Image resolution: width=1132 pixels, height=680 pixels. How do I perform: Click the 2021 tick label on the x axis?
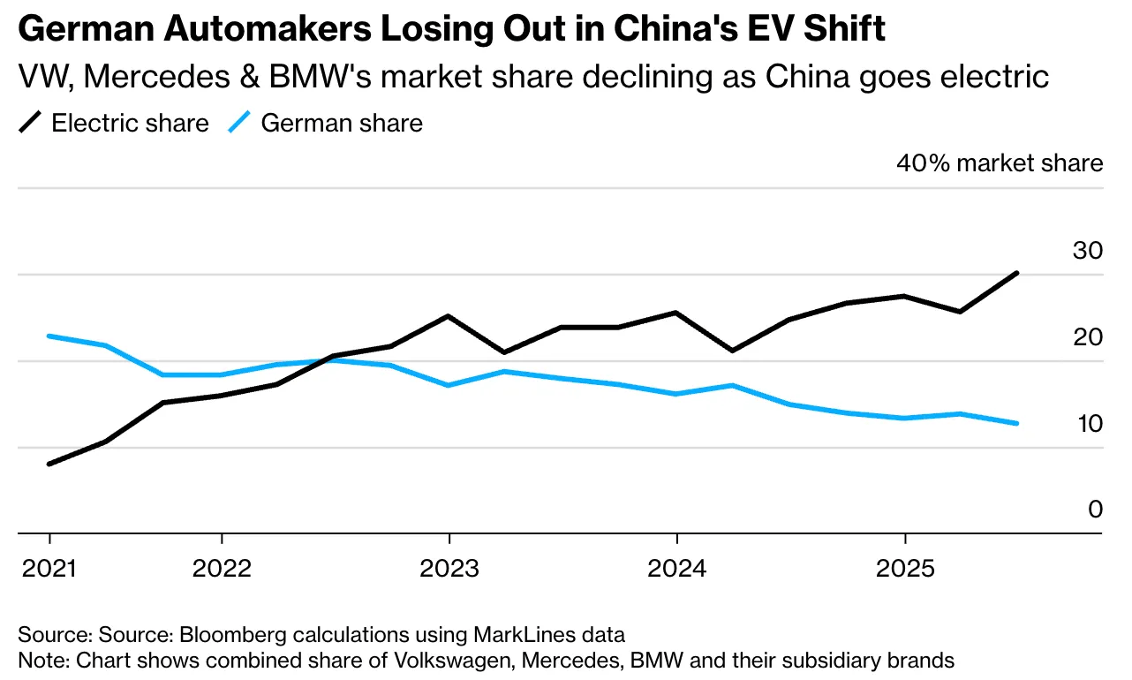[x=49, y=567]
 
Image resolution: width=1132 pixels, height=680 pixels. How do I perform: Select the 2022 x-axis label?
[x=221, y=567]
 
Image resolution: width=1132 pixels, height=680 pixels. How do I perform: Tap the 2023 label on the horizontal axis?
[x=449, y=567]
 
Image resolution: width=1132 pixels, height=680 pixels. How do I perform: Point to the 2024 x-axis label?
[x=675, y=567]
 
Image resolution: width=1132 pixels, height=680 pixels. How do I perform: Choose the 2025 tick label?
[x=904, y=567]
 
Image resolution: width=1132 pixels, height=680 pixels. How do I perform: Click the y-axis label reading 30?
[x=1088, y=251]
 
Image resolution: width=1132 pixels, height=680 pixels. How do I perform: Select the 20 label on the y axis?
[x=1088, y=337]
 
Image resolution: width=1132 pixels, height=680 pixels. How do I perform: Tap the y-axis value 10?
[x=1088, y=424]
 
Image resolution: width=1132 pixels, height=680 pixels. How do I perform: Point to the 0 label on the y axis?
[x=1095, y=510]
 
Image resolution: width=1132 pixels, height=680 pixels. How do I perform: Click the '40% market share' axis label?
[x=1000, y=163]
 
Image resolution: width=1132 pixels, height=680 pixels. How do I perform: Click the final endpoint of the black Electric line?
[x=1017, y=273]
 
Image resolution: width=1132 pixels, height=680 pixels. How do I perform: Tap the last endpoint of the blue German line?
[x=1017, y=423]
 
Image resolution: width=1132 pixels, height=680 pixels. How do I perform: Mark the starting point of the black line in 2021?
[x=49, y=464]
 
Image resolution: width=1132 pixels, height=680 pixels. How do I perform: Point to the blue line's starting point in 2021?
[x=49, y=336]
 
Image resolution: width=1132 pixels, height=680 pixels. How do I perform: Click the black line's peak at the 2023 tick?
[x=449, y=315]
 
